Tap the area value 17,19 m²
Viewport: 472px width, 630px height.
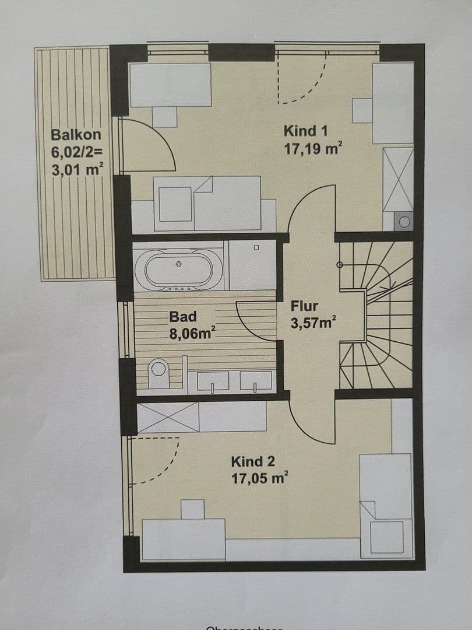[312, 149]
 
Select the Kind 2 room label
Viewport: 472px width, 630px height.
[253, 461]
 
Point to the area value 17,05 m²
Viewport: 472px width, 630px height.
[260, 479]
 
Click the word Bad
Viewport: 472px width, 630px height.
[183, 317]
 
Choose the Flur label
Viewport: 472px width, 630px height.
[304, 306]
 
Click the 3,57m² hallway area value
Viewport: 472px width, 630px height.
[313, 323]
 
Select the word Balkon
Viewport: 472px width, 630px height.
[76, 135]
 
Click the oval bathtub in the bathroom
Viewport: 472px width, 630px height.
[179, 269]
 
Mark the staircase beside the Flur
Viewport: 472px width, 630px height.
[376, 315]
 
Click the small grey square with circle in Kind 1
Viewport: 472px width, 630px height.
[403, 221]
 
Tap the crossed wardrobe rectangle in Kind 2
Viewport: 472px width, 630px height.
[168, 418]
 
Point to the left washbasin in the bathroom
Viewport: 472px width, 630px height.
[213, 381]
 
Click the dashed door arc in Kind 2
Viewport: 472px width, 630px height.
[157, 461]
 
